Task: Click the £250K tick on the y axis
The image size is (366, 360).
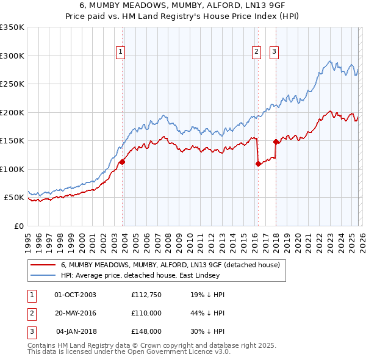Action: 12,84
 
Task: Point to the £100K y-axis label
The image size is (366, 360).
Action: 12,169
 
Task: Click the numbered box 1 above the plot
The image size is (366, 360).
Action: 121,52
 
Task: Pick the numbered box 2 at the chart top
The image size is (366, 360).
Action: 257,52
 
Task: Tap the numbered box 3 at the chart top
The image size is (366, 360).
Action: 274,52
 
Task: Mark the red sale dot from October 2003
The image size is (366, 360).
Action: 122,162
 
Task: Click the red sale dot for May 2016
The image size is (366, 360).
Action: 258,164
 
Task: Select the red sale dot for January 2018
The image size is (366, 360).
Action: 276,142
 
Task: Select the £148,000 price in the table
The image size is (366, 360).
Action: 146,331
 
